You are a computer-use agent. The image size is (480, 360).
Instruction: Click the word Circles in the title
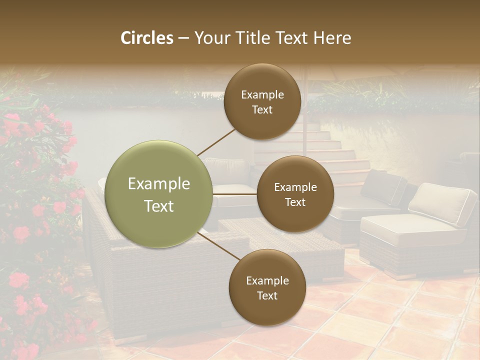point(147,38)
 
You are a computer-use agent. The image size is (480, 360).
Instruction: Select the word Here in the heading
point(332,38)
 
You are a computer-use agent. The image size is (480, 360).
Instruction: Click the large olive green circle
point(159,194)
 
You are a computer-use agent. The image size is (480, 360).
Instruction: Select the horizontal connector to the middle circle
point(235,194)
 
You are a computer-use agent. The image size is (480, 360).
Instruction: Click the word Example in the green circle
point(159,184)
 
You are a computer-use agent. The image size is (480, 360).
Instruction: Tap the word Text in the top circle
point(262,109)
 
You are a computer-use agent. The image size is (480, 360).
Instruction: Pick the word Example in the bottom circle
point(267,280)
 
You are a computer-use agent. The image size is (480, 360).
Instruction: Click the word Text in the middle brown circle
point(295,202)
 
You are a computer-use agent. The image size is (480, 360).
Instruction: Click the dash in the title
point(183,38)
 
